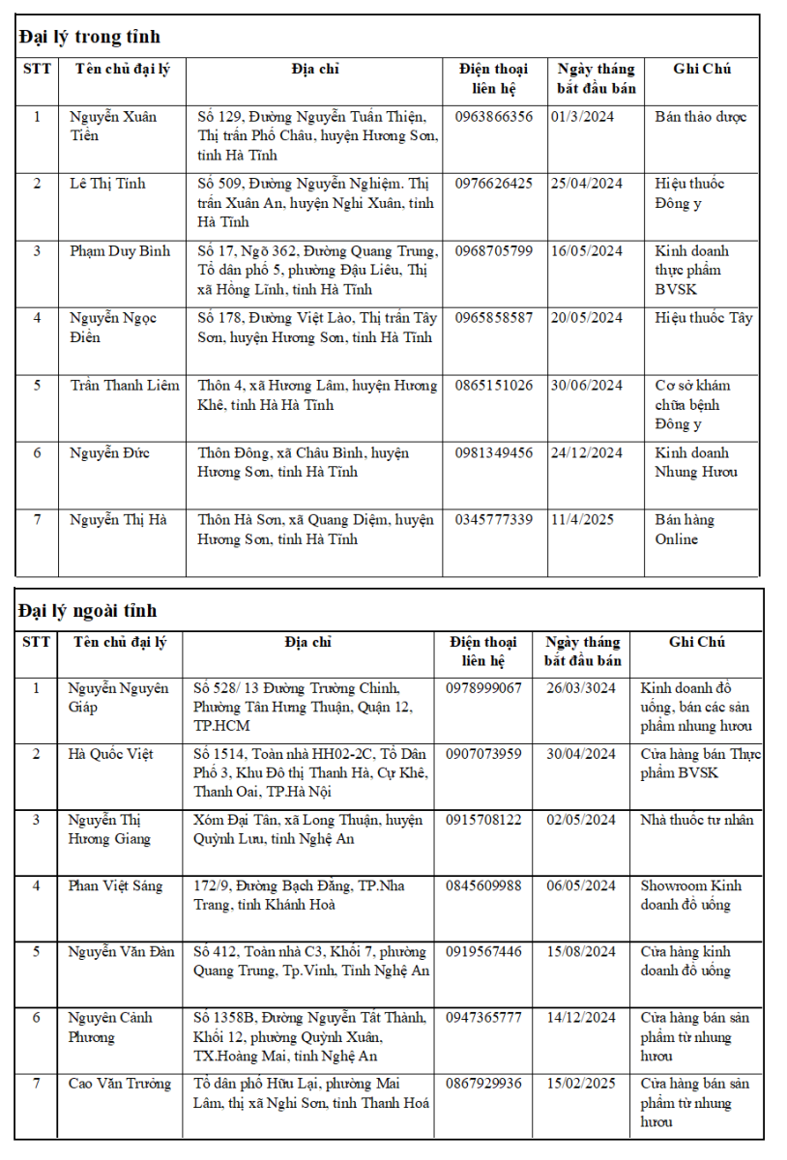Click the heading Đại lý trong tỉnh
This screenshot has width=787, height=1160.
tap(89, 37)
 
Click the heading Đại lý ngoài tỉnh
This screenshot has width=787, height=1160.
tap(87, 611)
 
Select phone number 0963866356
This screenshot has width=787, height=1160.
tap(493, 117)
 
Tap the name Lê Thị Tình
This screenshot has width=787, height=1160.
tap(107, 184)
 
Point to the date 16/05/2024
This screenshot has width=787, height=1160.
tap(586, 251)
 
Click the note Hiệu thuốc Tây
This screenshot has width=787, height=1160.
tap(703, 318)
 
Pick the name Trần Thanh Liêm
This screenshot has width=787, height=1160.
tap(124, 386)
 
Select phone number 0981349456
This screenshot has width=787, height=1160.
tap(493, 452)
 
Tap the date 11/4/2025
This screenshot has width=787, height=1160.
tap(582, 520)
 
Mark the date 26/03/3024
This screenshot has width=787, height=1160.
tap(580, 688)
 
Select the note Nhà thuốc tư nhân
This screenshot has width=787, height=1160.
tap(696, 820)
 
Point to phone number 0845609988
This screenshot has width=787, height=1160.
tap(483, 885)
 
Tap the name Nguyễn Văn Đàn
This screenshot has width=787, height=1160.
tap(121, 951)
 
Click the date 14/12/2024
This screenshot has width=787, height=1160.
tap(580, 1017)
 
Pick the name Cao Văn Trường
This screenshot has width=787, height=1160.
tap(119, 1084)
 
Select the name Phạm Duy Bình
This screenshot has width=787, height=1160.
tap(120, 251)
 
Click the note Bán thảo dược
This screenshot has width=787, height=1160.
tap(700, 117)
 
